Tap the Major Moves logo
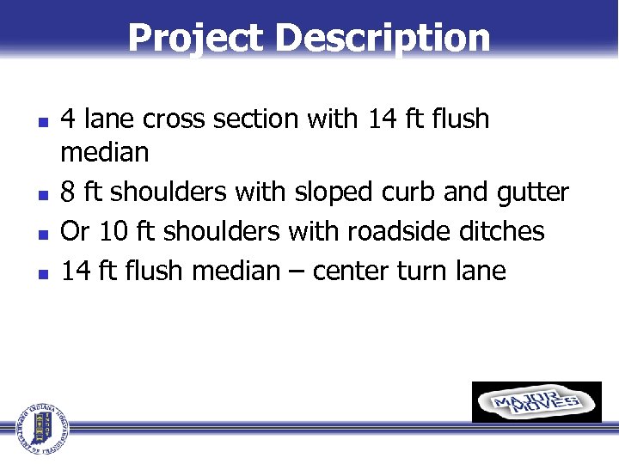pyautogui.click(x=536, y=402)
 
